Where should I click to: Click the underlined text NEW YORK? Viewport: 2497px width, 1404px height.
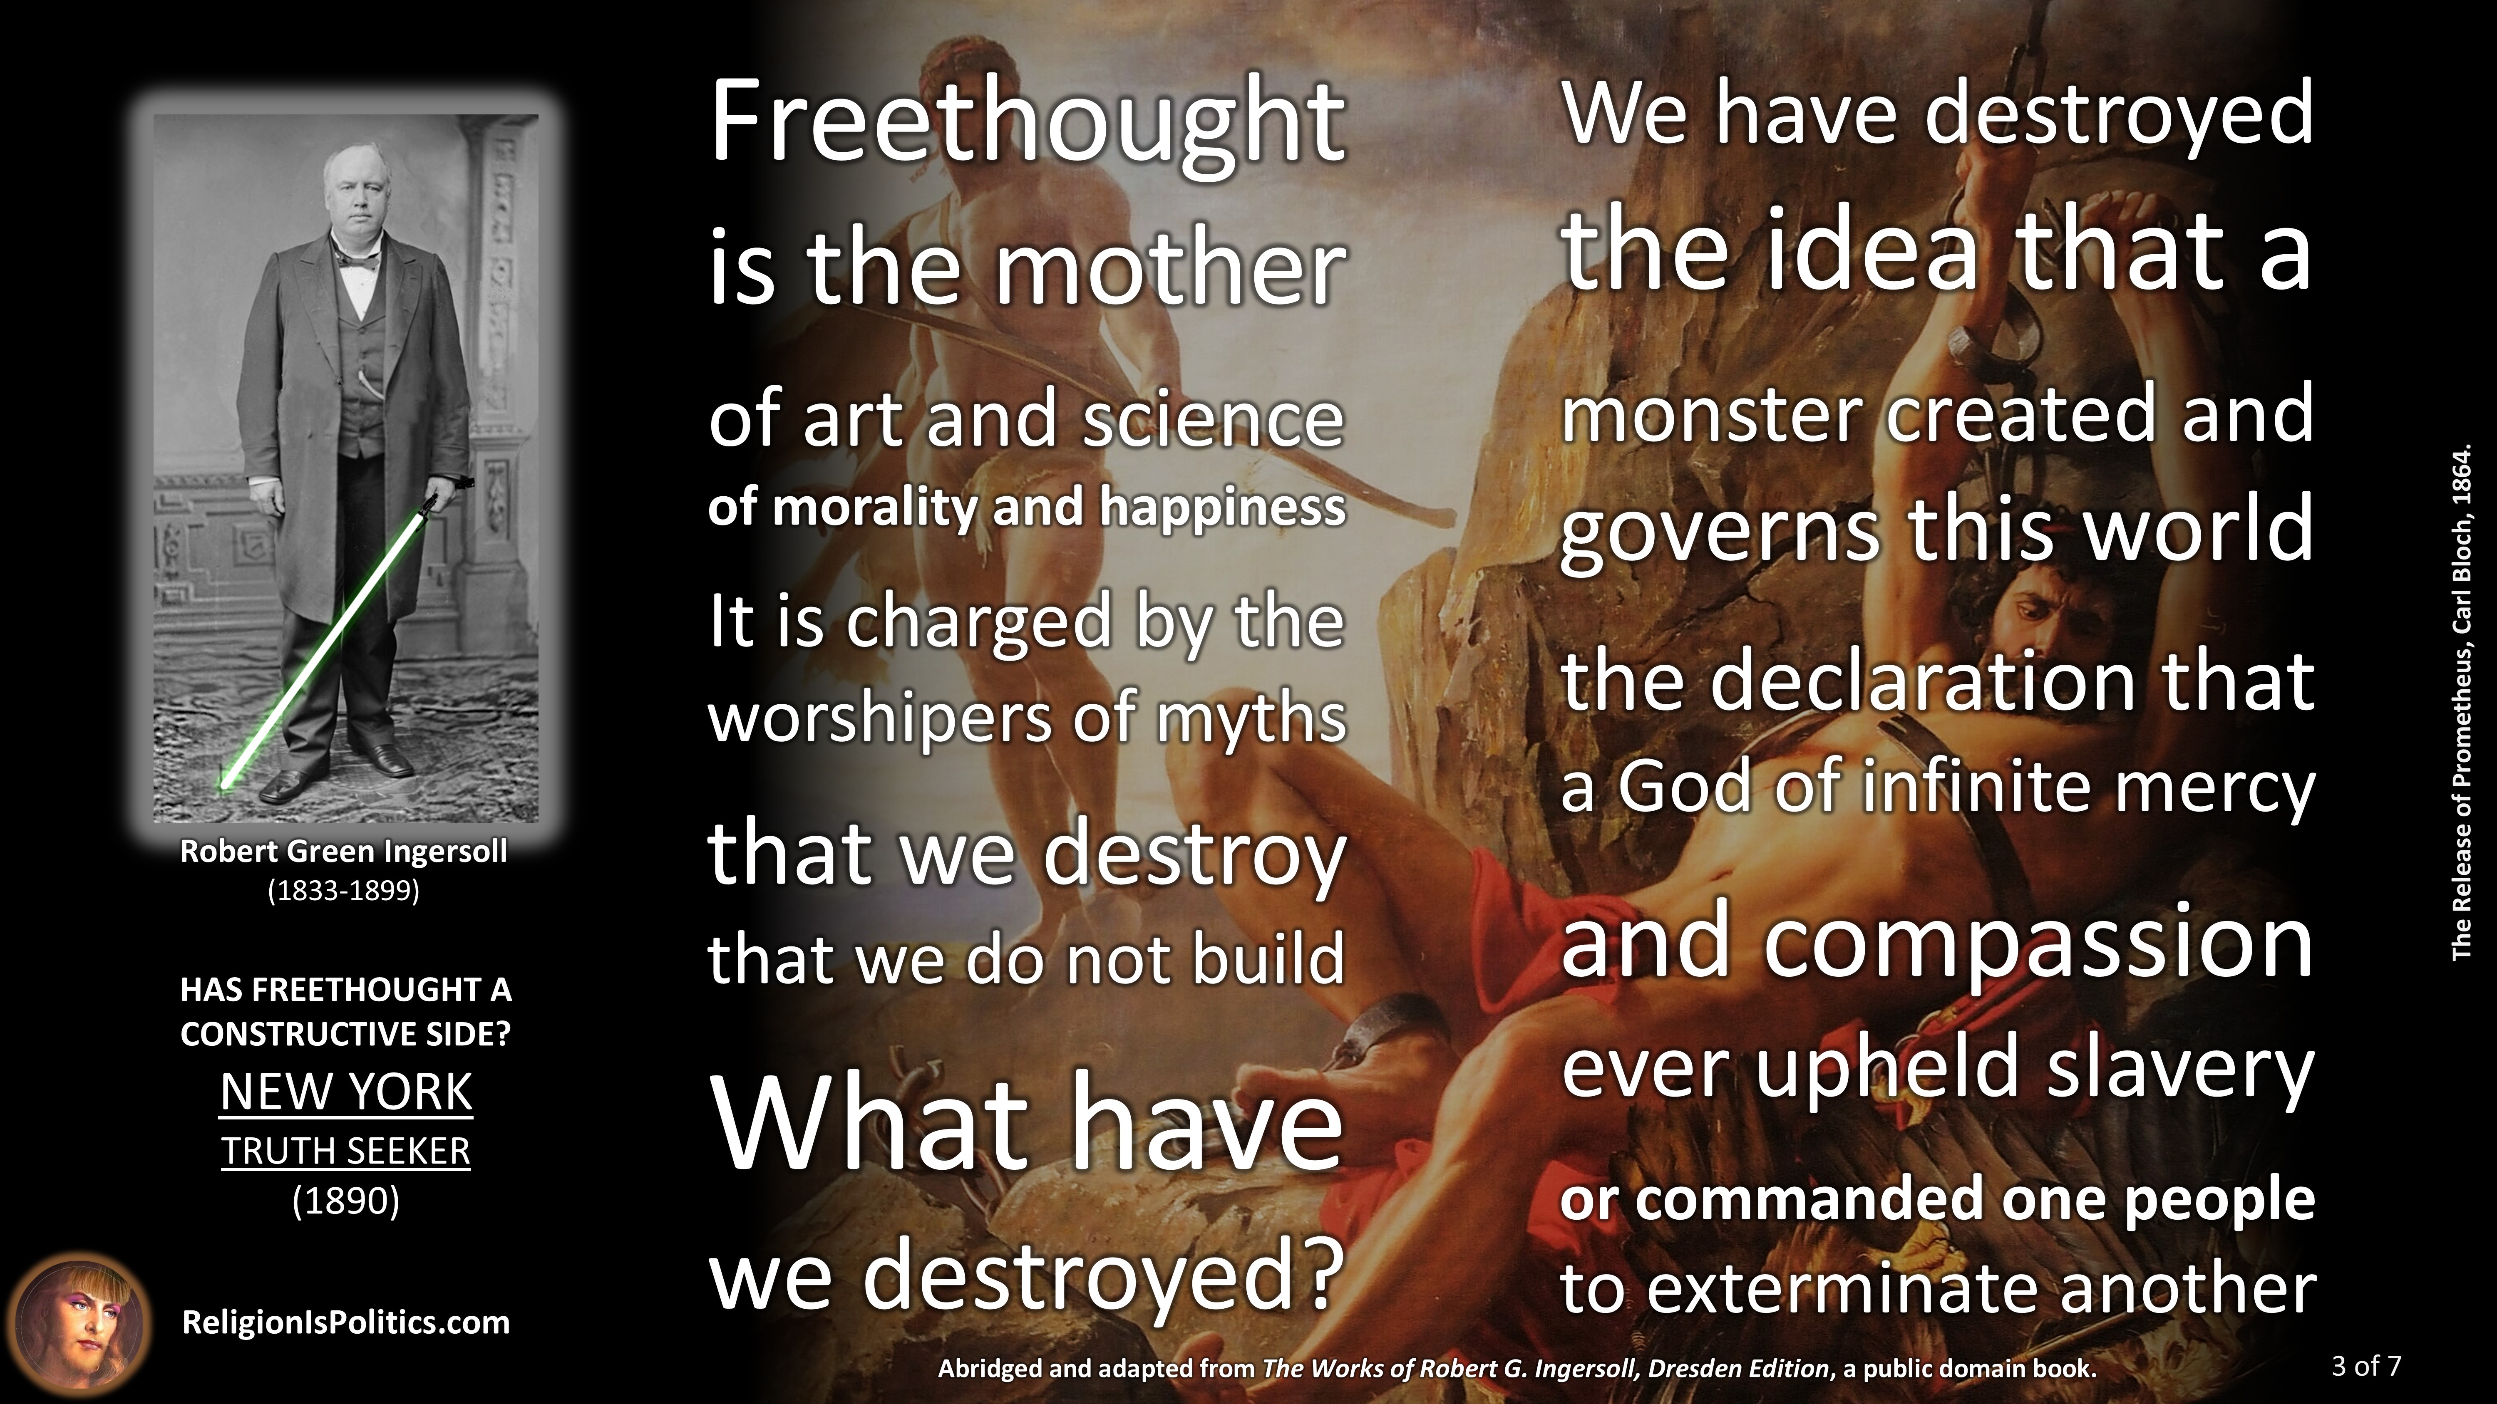tap(346, 1092)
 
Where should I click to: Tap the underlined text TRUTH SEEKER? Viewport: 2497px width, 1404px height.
tap(346, 1151)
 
